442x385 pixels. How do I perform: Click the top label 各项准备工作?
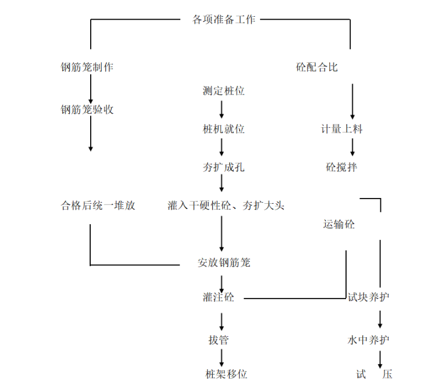tap(224, 19)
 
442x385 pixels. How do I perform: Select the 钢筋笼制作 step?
tap(87, 67)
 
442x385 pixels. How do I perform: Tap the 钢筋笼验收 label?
tap(87, 109)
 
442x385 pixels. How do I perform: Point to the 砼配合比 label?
tap(317, 67)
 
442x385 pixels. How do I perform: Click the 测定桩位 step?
tap(223, 91)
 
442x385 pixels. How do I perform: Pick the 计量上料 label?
tap(342, 129)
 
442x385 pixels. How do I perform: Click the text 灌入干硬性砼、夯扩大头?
tap(226, 205)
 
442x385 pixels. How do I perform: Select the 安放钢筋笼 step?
tap(224, 262)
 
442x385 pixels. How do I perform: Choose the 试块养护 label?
tap(368, 297)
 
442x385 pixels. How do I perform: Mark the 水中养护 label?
tap(368, 340)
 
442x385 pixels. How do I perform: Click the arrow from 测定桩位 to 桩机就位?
tap(222, 110)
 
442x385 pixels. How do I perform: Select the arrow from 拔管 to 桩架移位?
tap(222, 357)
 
